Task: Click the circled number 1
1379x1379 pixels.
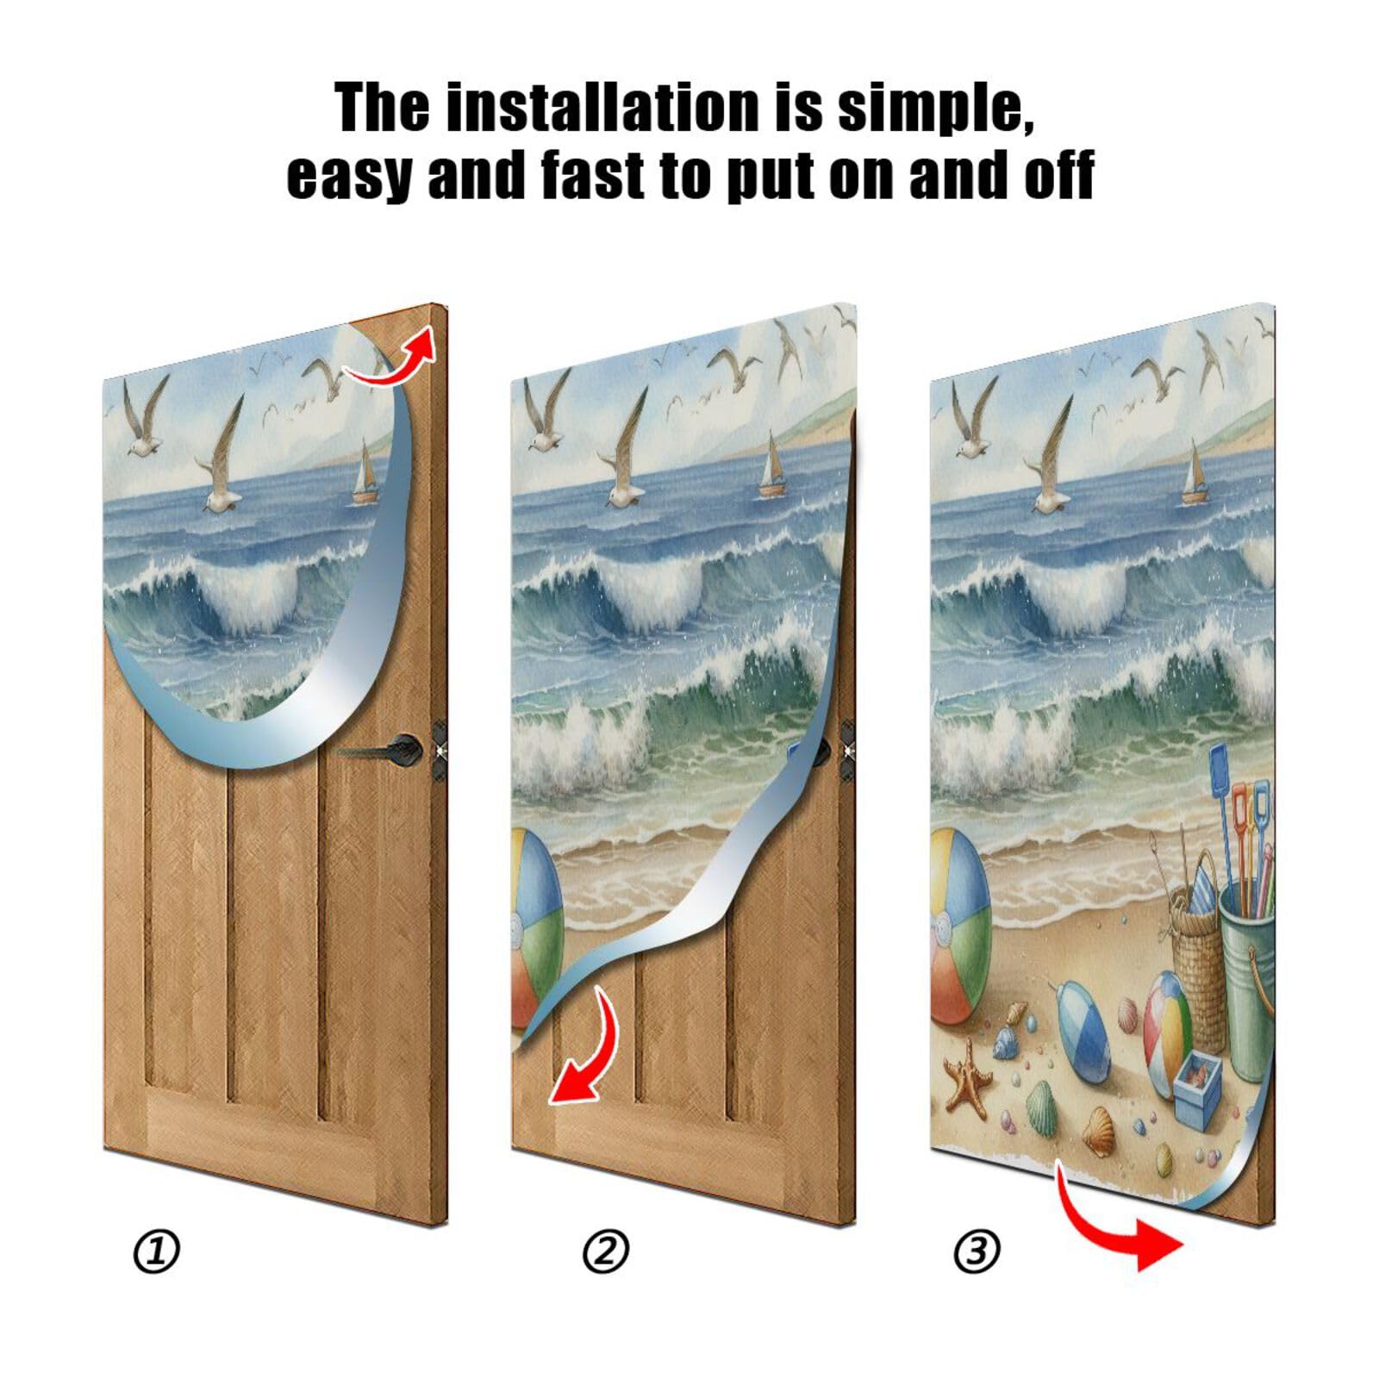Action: click(156, 1251)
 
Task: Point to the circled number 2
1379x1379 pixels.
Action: click(605, 1251)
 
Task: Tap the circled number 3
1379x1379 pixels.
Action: click(977, 1251)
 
